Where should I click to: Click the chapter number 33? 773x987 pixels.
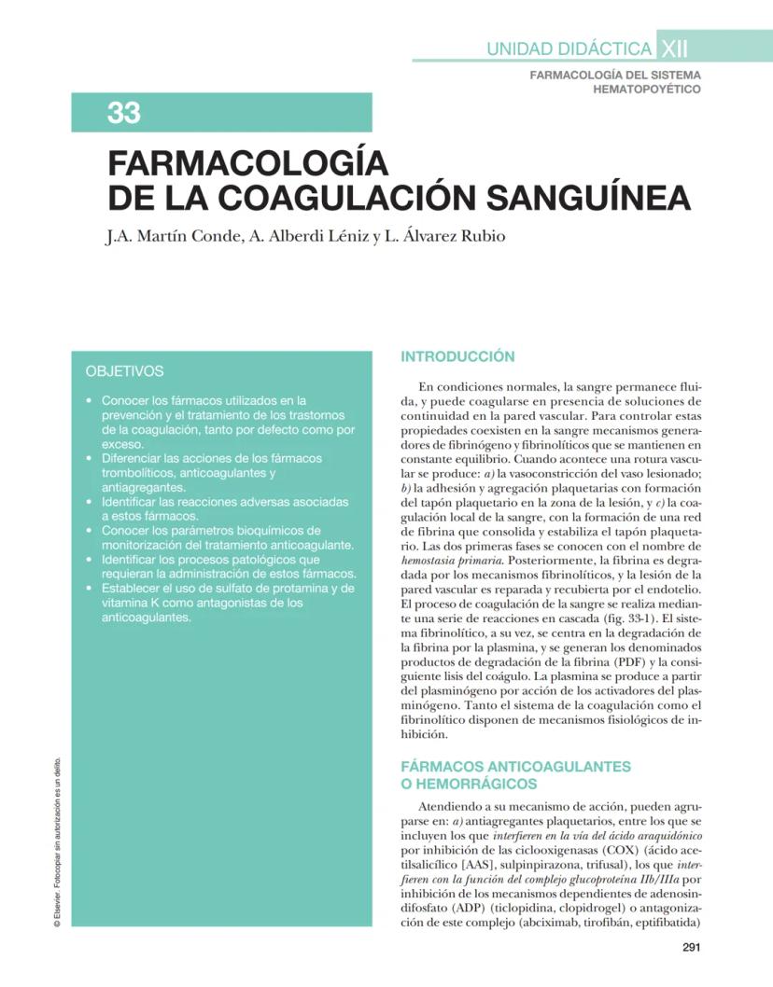pyautogui.click(x=124, y=113)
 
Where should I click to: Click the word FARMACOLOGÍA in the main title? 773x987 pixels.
pyautogui.click(x=247, y=163)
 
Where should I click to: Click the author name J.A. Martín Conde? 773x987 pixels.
pyautogui.click(x=171, y=236)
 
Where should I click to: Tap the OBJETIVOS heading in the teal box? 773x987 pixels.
pyautogui.click(x=124, y=371)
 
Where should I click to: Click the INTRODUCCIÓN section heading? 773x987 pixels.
pyautogui.click(x=457, y=356)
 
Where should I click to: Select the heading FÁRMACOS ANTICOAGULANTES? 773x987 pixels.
pyautogui.click(x=515, y=766)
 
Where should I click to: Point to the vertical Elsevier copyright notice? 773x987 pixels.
pyautogui.click(x=58, y=841)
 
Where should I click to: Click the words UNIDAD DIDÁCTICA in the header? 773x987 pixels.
pyautogui.click(x=569, y=49)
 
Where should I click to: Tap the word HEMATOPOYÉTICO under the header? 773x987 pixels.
pyautogui.click(x=646, y=89)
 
